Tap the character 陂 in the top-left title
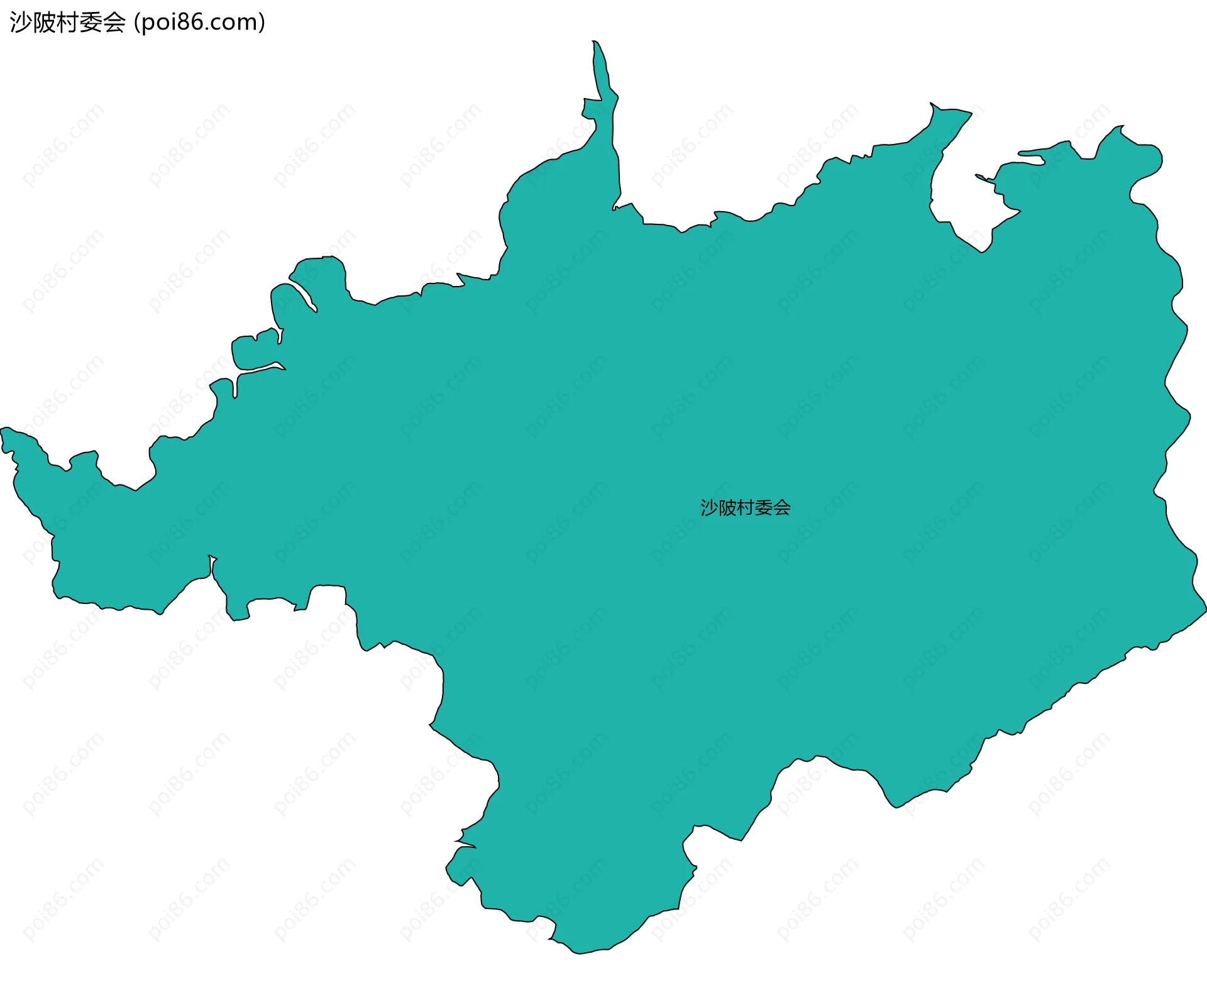pyautogui.click(x=43, y=23)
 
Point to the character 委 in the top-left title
pyautogui.click(x=91, y=23)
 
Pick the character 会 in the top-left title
pyautogui.click(x=114, y=23)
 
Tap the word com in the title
pyautogui.click(x=236, y=23)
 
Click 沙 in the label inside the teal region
pyautogui.click(x=709, y=508)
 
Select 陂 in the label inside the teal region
pyautogui.click(x=727, y=508)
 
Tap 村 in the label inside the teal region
pyautogui.click(x=746, y=508)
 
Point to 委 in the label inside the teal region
pyautogui.click(x=764, y=508)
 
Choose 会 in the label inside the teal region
pyautogui.click(x=782, y=508)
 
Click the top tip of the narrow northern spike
pyautogui.click(x=594, y=42)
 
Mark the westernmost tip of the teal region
pyautogui.click(x=2, y=431)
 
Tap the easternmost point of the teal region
pyautogui.click(x=1205, y=608)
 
